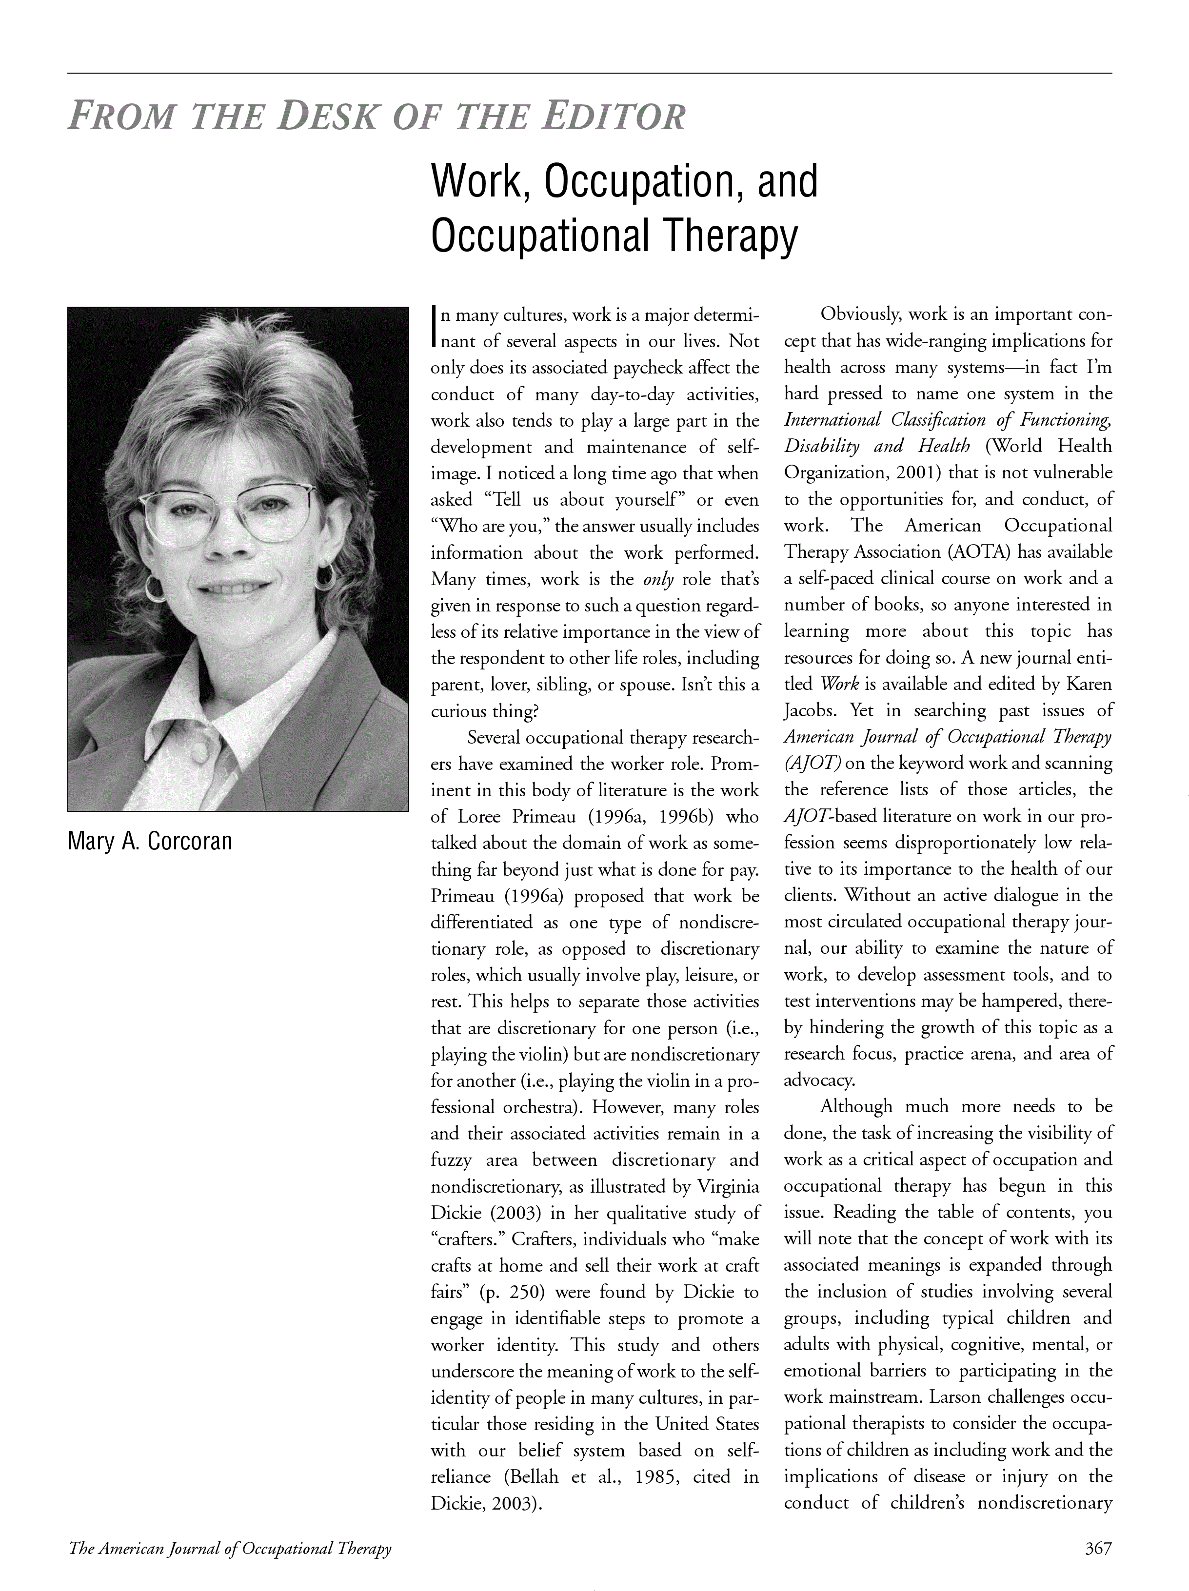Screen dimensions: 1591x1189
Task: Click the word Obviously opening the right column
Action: (860, 314)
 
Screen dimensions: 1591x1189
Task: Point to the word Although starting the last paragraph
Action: (856, 1106)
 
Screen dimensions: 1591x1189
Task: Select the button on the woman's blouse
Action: (204, 755)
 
